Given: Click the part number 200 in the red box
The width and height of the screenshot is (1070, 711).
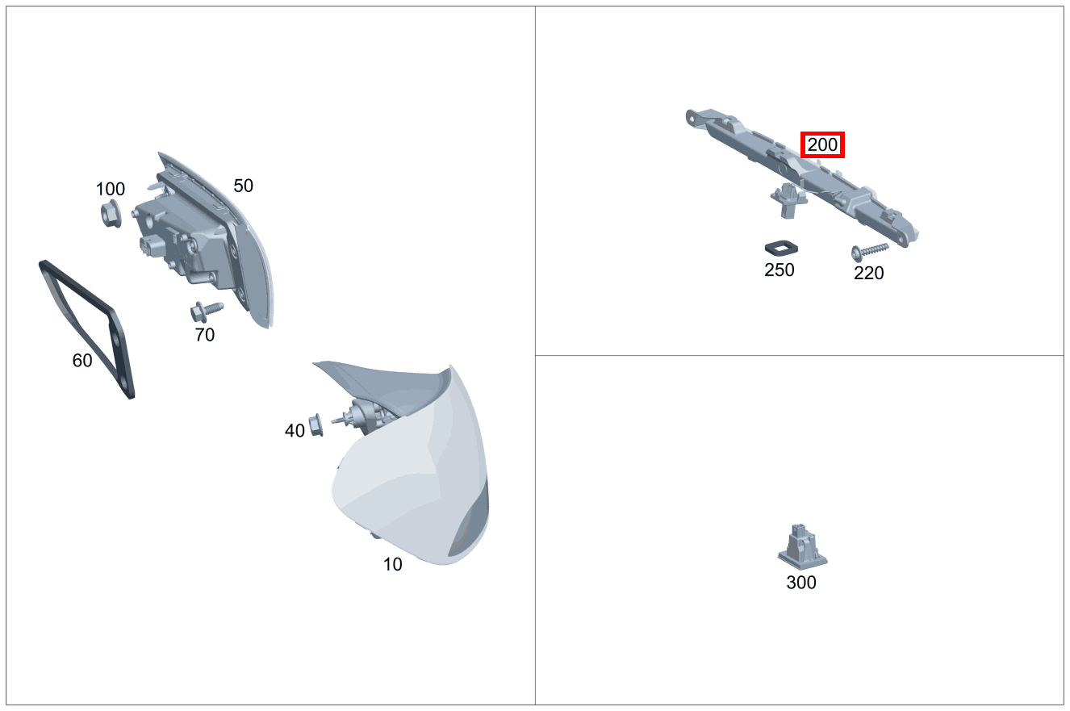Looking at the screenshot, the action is [x=822, y=144].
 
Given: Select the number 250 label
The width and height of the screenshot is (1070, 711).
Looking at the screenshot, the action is [x=779, y=270].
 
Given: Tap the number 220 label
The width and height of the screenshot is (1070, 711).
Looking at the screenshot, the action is [x=868, y=274].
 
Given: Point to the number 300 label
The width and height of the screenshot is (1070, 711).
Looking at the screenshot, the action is [x=801, y=583].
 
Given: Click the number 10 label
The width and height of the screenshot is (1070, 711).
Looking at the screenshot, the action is [x=393, y=564].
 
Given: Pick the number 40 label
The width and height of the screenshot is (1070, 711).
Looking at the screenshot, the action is [x=295, y=430].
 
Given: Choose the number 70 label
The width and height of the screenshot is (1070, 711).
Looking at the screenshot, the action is [x=205, y=335].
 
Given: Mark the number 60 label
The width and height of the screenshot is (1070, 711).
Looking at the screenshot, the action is [x=82, y=360].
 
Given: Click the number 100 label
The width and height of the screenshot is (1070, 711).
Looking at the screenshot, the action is [x=111, y=189].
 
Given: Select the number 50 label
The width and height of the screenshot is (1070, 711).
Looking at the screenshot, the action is [x=243, y=186].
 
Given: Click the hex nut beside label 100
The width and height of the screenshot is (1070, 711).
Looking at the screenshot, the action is [x=111, y=214].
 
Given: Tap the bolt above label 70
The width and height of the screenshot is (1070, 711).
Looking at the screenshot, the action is [x=207, y=311].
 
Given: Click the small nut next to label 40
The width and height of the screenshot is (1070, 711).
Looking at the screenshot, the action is [x=316, y=425].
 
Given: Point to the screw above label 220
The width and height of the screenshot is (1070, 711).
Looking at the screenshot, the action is [x=869, y=251].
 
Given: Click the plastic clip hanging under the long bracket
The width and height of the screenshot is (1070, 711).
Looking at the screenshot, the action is [x=788, y=200].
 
